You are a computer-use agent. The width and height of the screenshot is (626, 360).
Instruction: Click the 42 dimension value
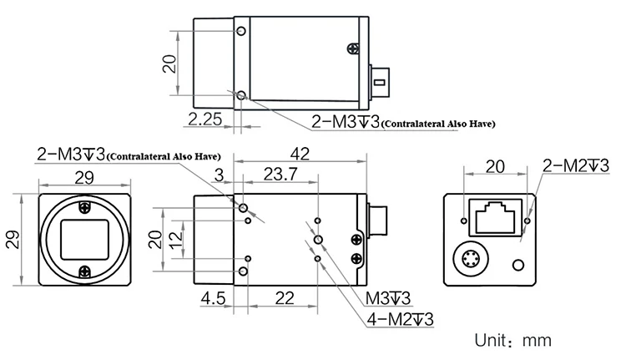(300, 154)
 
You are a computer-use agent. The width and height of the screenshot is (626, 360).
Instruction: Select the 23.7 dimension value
(280, 175)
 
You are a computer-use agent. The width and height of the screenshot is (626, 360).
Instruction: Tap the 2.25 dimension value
(204, 119)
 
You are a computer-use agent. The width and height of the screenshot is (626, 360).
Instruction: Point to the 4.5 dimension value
(213, 298)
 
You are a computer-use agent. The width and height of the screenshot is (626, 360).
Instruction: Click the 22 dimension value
(285, 298)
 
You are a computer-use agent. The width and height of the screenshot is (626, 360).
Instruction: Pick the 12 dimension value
(175, 240)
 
